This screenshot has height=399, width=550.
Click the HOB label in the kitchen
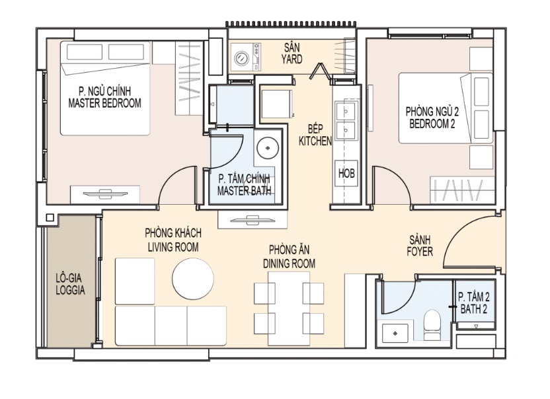pyautogui.click(x=346, y=173)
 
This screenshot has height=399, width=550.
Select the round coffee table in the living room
pyautogui.click(x=193, y=279)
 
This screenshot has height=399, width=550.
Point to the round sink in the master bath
pyautogui.click(x=268, y=148)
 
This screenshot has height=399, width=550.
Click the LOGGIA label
pyautogui.click(x=70, y=290)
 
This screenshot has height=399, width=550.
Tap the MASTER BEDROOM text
pyautogui.click(x=104, y=103)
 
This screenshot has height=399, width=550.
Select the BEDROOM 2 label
pyautogui.click(x=432, y=124)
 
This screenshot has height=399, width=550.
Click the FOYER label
pyautogui.click(x=420, y=252)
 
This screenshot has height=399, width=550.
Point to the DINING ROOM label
pyautogui.click(x=289, y=264)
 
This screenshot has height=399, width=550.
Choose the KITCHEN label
pyautogui.click(x=315, y=141)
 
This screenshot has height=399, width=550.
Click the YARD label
pyautogui.click(x=292, y=59)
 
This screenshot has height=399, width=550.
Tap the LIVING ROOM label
pyautogui.click(x=173, y=247)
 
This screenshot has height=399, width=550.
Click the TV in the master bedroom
pyautogui.click(x=105, y=194)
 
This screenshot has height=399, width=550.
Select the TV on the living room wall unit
pyautogui.click(x=253, y=220)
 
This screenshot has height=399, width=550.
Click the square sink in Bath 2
pyautogui.click(x=395, y=333)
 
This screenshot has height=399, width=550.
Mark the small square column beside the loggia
pyautogui.click(x=50, y=218)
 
